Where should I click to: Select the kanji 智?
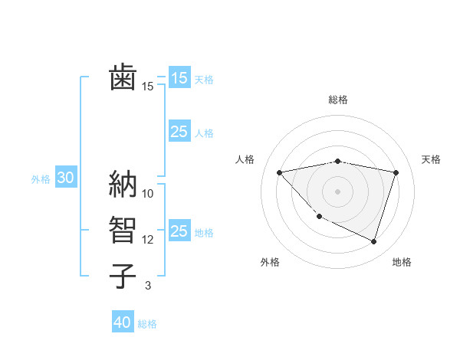pyautogui.click(x=123, y=229)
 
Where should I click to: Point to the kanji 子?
pyautogui.click(x=123, y=275)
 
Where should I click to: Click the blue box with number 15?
pyautogui.click(x=179, y=77)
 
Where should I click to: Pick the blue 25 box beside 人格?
pyautogui.click(x=179, y=132)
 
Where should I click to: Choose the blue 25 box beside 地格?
pyautogui.click(x=179, y=231)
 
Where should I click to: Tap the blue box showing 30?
pyautogui.click(x=65, y=178)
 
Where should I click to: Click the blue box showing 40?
pyautogui.click(x=123, y=322)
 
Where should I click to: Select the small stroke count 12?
pyautogui.click(x=148, y=240)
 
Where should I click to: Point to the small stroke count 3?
pyautogui.click(x=148, y=286)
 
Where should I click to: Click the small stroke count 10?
pyautogui.click(x=148, y=193)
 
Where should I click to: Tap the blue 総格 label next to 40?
pyautogui.click(x=147, y=324)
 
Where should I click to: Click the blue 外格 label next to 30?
pyautogui.click(x=41, y=179)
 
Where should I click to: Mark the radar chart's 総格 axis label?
pyautogui.click(x=338, y=100)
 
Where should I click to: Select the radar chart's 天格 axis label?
pyautogui.click(x=432, y=159)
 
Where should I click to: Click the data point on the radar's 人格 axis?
pyautogui.click(x=280, y=172)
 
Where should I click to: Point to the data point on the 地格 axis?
pyautogui.click(x=373, y=242)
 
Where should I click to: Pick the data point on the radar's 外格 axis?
pyautogui.click(x=320, y=217)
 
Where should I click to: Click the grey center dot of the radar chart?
pyautogui.click(x=338, y=191)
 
